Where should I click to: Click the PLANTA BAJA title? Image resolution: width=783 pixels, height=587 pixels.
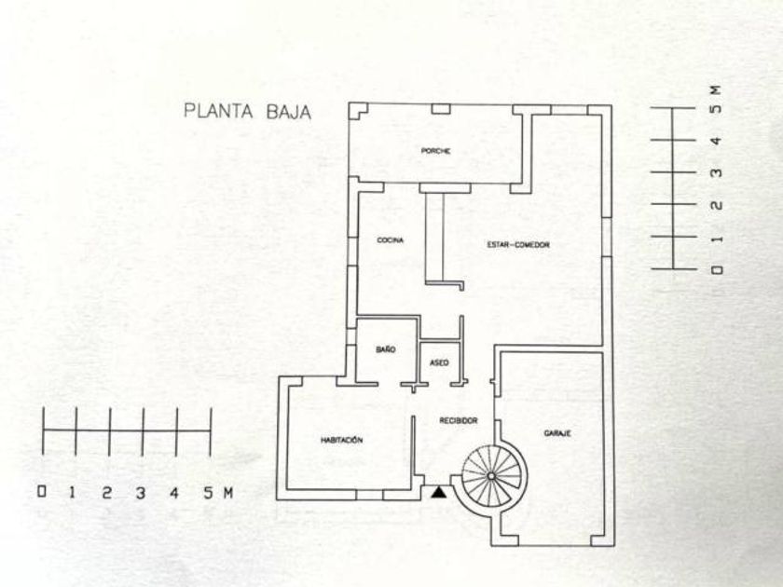pyautogui.click(x=248, y=111)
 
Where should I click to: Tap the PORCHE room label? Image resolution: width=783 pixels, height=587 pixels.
pyautogui.click(x=435, y=151)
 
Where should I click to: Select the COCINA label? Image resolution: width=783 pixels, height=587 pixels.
pyautogui.click(x=391, y=240)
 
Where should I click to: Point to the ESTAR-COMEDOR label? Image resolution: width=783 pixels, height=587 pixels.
pyautogui.click(x=518, y=244)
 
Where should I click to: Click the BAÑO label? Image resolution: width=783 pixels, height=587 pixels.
pyautogui.click(x=386, y=349)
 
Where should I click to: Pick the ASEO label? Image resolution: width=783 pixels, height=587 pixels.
pyautogui.click(x=439, y=362)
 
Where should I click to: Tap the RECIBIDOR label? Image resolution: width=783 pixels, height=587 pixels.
pyautogui.click(x=459, y=421)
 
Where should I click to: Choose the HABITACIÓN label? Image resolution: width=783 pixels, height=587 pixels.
pyautogui.click(x=341, y=440)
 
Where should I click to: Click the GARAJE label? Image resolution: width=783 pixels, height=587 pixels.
pyautogui.click(x=557, y=433)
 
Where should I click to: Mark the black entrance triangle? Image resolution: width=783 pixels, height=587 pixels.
pyautogui.click(x=439, y=493)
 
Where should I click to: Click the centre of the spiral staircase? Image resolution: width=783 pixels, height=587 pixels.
pyautogui.click(x=491, y=476)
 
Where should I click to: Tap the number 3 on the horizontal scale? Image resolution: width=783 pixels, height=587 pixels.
pyautogui.click(x=141, y=493)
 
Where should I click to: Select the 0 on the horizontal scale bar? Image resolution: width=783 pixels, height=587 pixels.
pyautogui.click(x=42, y=492)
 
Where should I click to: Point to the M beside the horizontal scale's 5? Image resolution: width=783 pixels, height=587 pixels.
pyautogui.click(x=227, y=493)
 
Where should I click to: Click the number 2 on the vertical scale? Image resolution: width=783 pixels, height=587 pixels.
pyautogui.click(x=717, y=205)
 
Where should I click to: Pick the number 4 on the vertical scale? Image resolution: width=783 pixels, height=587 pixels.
pyautogui.click(x=717, y=142)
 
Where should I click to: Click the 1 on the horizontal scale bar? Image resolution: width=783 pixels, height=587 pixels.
pyautogui.click(x=73, y=493)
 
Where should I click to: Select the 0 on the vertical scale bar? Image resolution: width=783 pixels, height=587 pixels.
pyautogui.click(x=717, y=270)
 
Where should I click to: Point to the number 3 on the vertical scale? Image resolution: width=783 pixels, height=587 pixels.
pyautogui.click(x=717, y=173)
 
